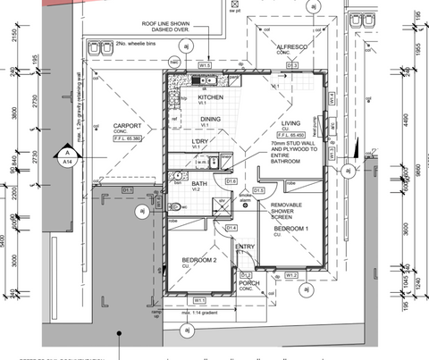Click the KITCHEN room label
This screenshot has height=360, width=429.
pos(211,97)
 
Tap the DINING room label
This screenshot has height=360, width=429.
pos(210,119)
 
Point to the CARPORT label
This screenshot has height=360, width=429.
pos(129,125)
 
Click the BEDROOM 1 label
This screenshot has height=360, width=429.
pos(290,229)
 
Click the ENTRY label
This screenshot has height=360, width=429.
pos(246,247)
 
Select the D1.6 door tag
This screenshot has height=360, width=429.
pos(231,181)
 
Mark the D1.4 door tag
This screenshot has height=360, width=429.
pos(231,229)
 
